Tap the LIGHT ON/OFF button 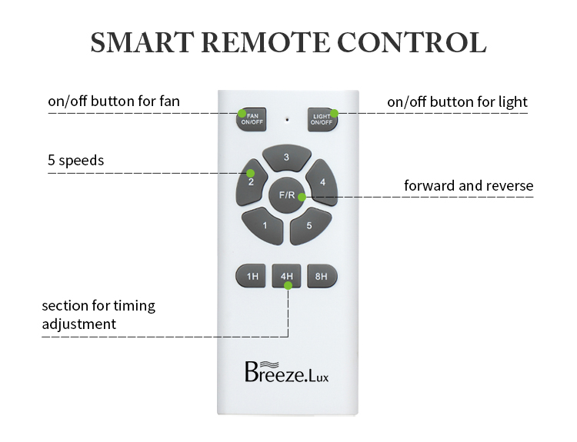tap(322, 119)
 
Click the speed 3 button tap(287, 158)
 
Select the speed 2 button tap(251, 182)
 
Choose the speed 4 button tap(322, 182)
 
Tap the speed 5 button tap(310, 226)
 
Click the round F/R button tap(287, 195)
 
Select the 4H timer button tap(287, 276)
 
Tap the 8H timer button tap(322, 276)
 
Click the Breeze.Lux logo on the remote tap(287, 372)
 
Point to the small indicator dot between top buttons tap(287, 119)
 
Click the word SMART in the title tap(142, 42)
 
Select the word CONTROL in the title tap(412, 42)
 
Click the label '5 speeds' tap(76, 161)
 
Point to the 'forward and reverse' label tap(469, 186)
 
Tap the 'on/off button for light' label tap(458, 102)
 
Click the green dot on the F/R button tap(302, 198)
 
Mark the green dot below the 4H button tap(288, 285)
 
